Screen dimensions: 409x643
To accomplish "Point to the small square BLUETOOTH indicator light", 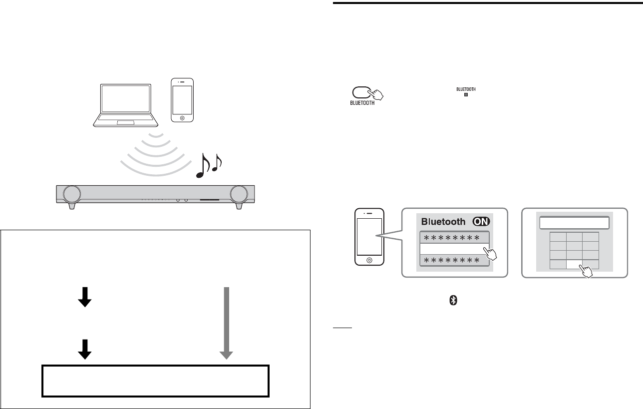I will click(x=466, y=94).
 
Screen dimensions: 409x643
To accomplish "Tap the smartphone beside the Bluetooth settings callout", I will click(x=369, y=237).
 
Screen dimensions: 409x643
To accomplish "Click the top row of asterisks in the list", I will click(x=453, y=238).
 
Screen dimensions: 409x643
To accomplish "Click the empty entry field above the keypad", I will click(x=574, y=223).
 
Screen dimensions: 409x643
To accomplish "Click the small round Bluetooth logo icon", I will click(x=454, y=300).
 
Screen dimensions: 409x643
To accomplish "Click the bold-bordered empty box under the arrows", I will click(x=155, y=381).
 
